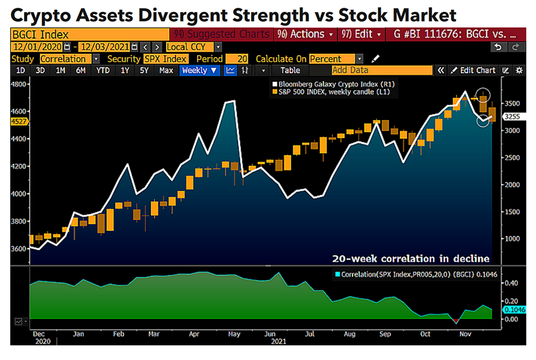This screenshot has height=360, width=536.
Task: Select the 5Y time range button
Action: pyautogui.click(x=144, y=70)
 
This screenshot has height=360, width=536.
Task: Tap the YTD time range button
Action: pyautogui.click(x=102, y=70)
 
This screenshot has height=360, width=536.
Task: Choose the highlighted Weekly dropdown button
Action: pyautogui.click(x=200, y=70)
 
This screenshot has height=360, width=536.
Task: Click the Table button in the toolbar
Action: pyautogui.click(x=290, y=70)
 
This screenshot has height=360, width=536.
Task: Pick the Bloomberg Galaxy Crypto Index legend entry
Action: pyautogui.click(x=333, y=85)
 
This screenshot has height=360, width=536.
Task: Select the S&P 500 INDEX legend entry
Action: pyautogui.click(x=333, y=93)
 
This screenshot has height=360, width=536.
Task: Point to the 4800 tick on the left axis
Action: pyautogui.click(x=20, y=84)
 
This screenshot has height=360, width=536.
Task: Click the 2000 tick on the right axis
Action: pyautogui.click(x=511, y=185)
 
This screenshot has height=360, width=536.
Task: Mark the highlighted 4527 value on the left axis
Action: pyautogui.click(x=18, y=122)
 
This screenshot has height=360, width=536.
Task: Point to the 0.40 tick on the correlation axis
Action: pyautogui.click(x=511, y=283)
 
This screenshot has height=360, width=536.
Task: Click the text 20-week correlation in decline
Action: pyautogui.click(x=411, y=258)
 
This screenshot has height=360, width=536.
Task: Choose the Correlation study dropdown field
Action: pyautogui.click(x=69, y=59)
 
